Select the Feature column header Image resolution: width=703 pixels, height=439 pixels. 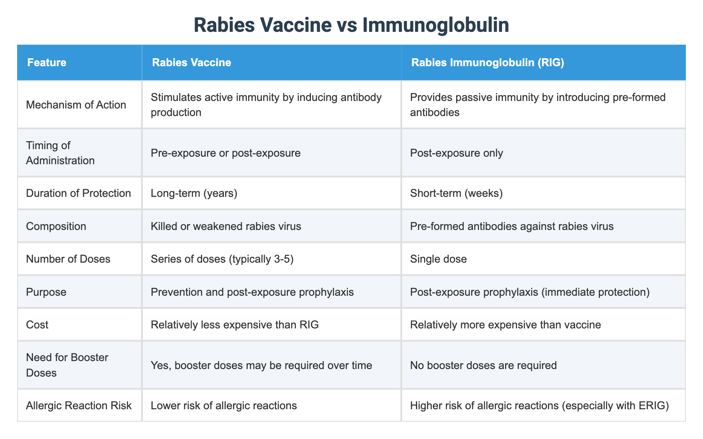46,63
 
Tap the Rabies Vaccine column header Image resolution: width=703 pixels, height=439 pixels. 192,63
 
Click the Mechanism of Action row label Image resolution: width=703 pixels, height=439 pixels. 76,105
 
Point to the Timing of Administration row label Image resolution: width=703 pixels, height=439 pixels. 60,152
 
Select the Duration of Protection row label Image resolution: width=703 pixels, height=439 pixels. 78,193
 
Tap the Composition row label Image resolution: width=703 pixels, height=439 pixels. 56,226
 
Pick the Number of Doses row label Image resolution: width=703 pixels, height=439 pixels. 68,259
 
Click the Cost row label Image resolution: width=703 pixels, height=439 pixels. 37,325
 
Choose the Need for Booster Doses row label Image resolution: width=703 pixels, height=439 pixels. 67,365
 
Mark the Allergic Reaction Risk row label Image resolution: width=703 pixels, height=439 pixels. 79,405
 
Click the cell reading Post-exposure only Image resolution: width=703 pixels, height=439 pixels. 457,152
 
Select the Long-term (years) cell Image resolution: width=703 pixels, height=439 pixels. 195,193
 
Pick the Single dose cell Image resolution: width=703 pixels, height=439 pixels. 439,259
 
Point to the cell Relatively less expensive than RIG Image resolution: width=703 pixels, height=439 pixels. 235,325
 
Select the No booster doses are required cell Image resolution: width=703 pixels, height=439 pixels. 483,365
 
